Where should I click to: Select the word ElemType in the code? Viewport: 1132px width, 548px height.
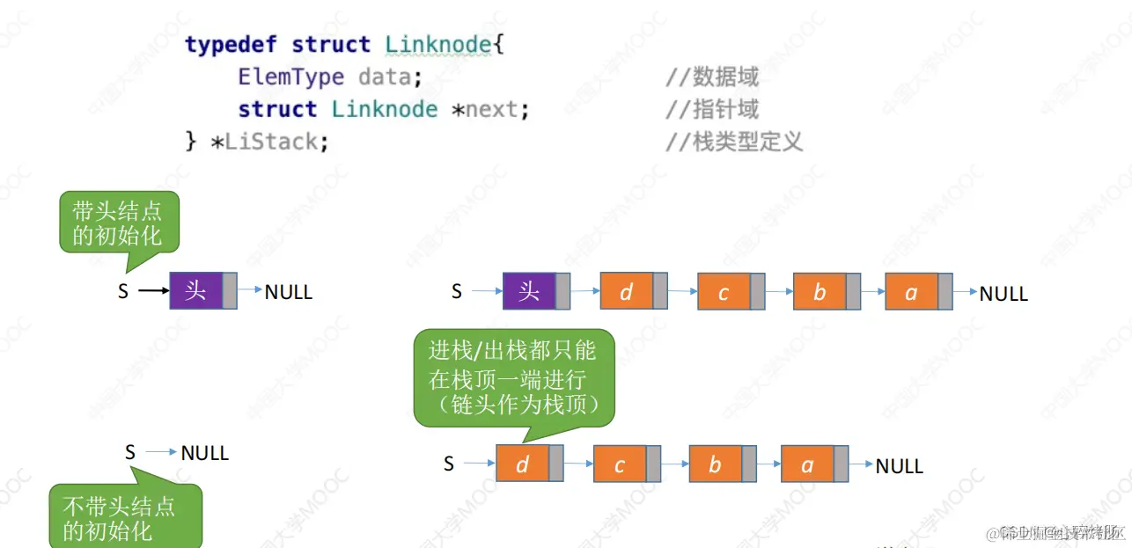click(290, 77)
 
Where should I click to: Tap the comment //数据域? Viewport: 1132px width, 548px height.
click(711, 77)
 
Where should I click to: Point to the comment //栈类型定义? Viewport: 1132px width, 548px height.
click(733, 142)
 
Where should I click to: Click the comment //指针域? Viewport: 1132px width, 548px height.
click(711, 110)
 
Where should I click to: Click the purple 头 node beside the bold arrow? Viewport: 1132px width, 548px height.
click(195, 291)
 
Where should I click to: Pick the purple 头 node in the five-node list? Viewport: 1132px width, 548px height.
click(529, 291)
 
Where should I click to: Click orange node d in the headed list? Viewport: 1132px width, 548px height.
click(627, 291)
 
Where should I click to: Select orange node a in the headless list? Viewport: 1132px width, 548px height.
click(807, 464)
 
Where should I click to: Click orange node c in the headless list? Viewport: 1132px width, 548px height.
click(620, 464)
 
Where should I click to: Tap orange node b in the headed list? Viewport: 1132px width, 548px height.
click(820, 291)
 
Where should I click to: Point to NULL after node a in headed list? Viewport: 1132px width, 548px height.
click(1003, 293)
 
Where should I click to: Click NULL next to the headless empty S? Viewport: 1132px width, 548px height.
click(204, 453)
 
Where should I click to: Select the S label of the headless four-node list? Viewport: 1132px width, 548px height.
click(449, 464)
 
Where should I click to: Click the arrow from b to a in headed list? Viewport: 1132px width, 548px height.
click(873, 291)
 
